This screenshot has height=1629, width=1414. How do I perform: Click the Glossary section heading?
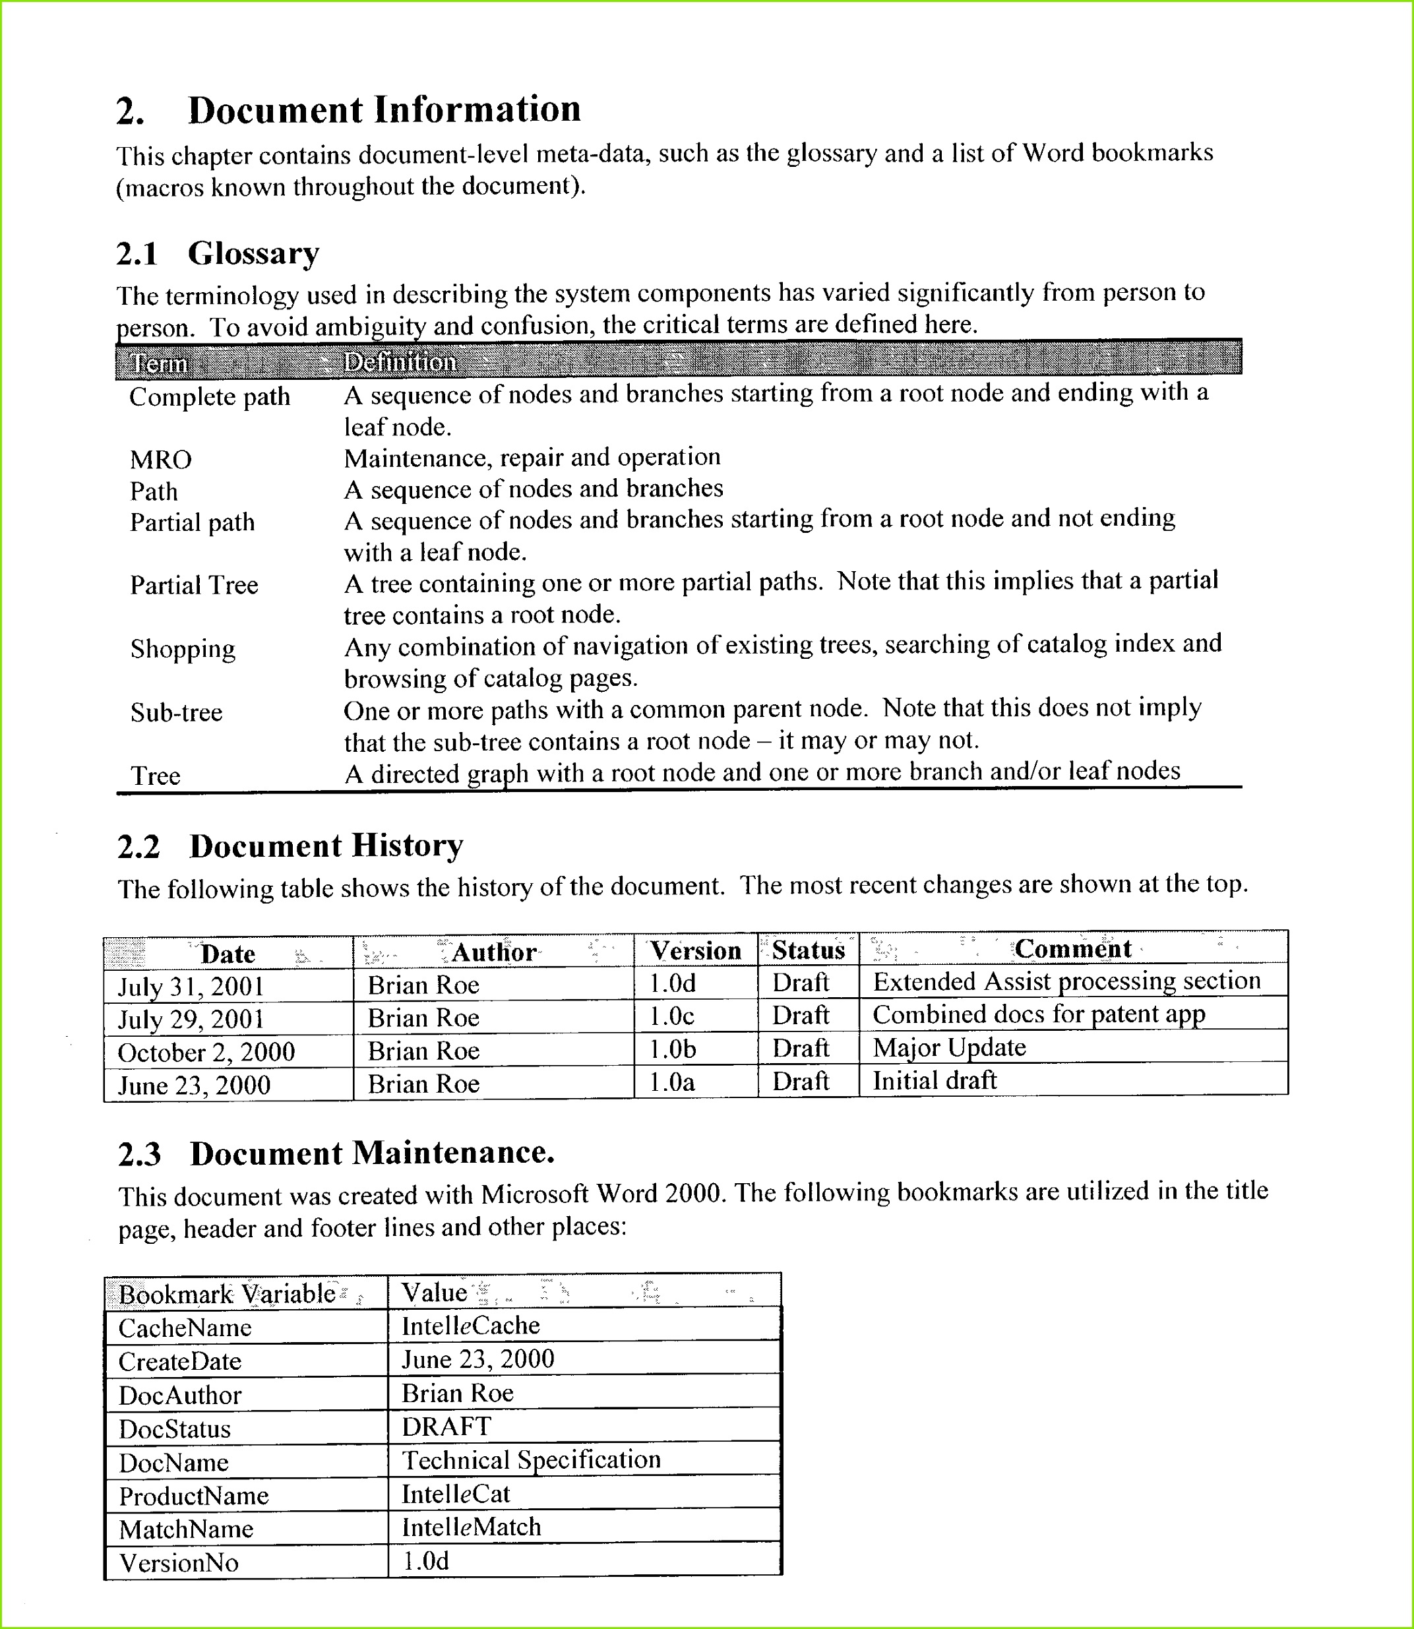tap(253, 254)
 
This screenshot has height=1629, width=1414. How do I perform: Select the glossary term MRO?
tap(160, 460)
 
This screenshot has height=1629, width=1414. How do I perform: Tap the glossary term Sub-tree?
tap(176, 713)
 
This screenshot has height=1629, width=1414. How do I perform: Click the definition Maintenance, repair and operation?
tap(532, 458)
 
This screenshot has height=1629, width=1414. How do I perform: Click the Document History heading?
tap(326, 846)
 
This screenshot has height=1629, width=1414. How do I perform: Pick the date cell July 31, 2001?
tap(191, 987)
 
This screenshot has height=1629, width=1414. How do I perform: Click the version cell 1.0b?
tap(672, 1050)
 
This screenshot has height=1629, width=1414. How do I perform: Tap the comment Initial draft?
tap(935, 1081)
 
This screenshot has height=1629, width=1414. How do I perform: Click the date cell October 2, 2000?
tap(206, 1053)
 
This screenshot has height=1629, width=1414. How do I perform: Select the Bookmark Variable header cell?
tap(228, 1295)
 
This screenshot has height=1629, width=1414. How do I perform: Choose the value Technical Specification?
tap(531, 1460)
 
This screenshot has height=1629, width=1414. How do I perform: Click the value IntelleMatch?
tap(471, 1528)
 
